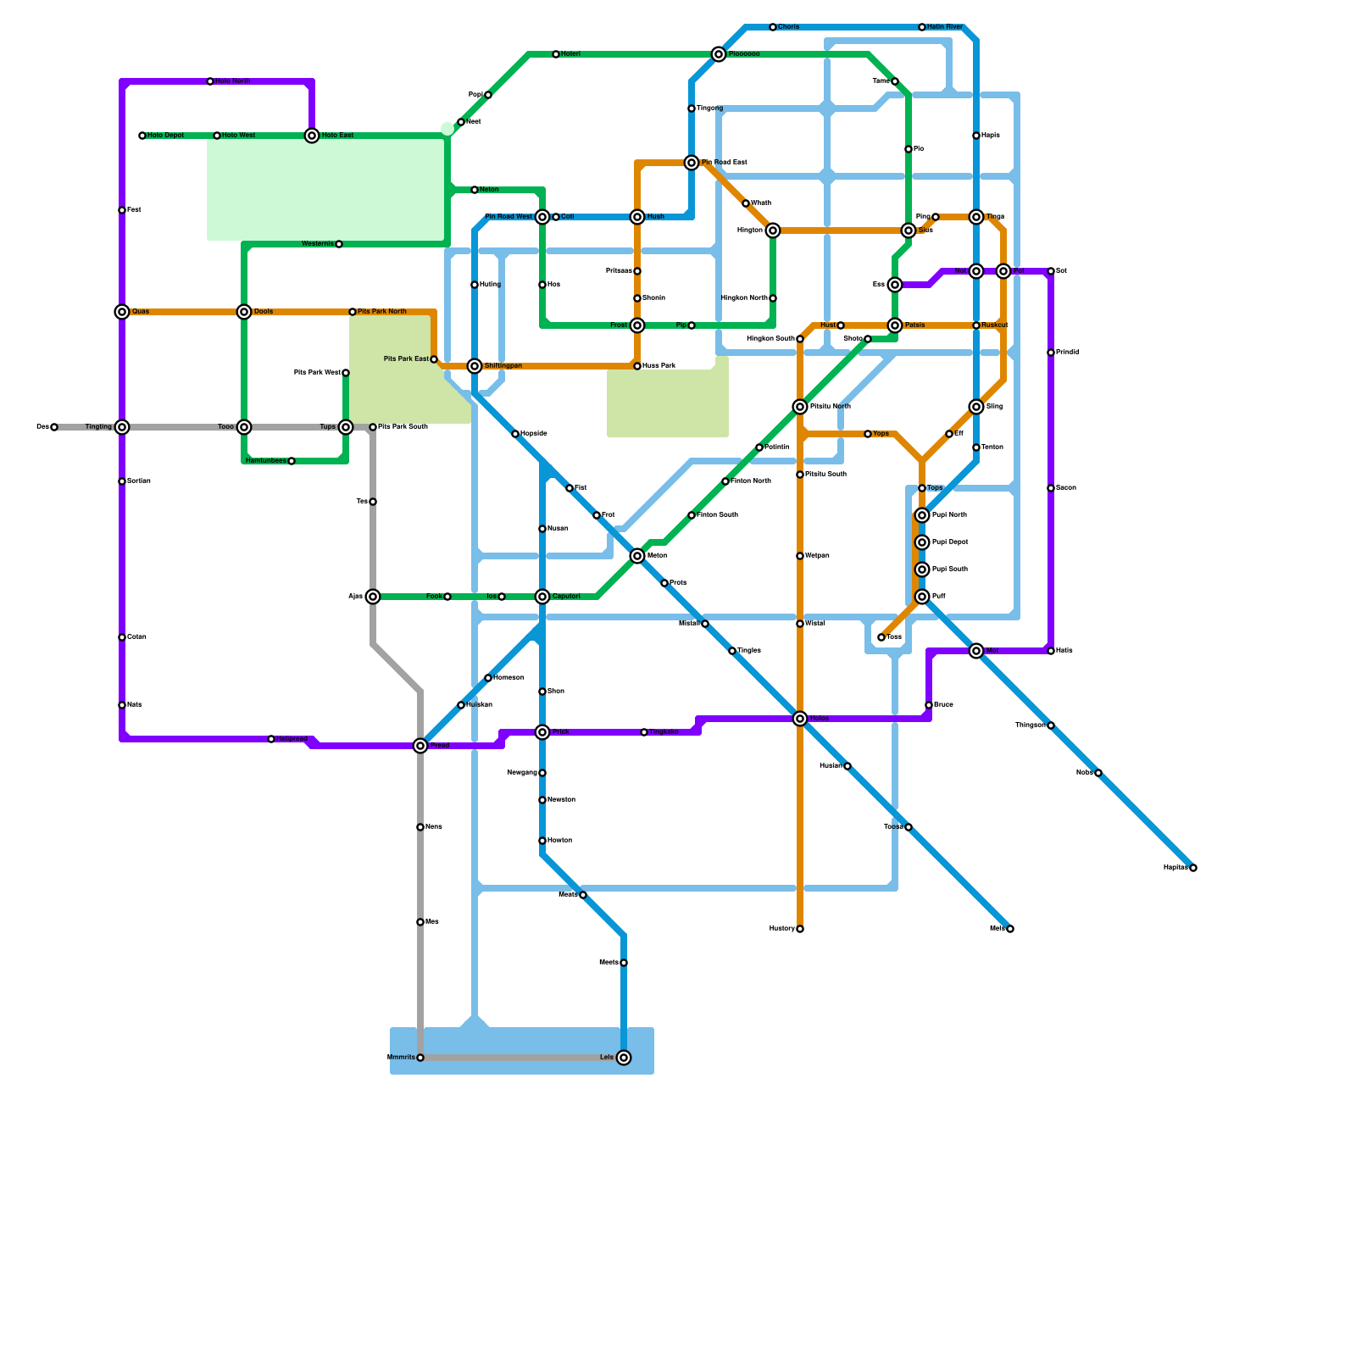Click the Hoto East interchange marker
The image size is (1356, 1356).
click(x=312, y=136)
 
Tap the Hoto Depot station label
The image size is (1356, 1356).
click(x=166, y=136)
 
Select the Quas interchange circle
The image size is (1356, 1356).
click(x=122, y=312)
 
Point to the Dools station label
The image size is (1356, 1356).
click(x=264, y=312)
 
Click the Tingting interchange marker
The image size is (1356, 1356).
click(x=122, y=427)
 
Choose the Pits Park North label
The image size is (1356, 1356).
click(x=382, y=312)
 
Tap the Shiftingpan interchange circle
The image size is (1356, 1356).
click(x=475, y=366)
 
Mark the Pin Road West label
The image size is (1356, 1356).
click(x=508, y=217)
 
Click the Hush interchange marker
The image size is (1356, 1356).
click(x=637, y=217)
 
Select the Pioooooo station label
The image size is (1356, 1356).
click(x=744, y=54)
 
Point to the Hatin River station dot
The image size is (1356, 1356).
click(x=922, y=27)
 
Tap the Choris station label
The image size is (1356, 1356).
click(x=788, y=27)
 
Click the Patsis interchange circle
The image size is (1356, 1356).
click(x=895, y=325)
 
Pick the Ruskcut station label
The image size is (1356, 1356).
click(x=995, y=325)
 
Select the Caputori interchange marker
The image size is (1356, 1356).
click(x=542, y=597)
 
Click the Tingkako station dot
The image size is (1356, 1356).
click(x=644, y=732)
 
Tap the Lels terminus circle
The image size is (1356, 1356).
click(x=624, y=1058)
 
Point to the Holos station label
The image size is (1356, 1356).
click(x=819, y=719)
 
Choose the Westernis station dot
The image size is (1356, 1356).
click(x=339, y=244)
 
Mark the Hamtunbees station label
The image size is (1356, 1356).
click(x=265, y=461)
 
